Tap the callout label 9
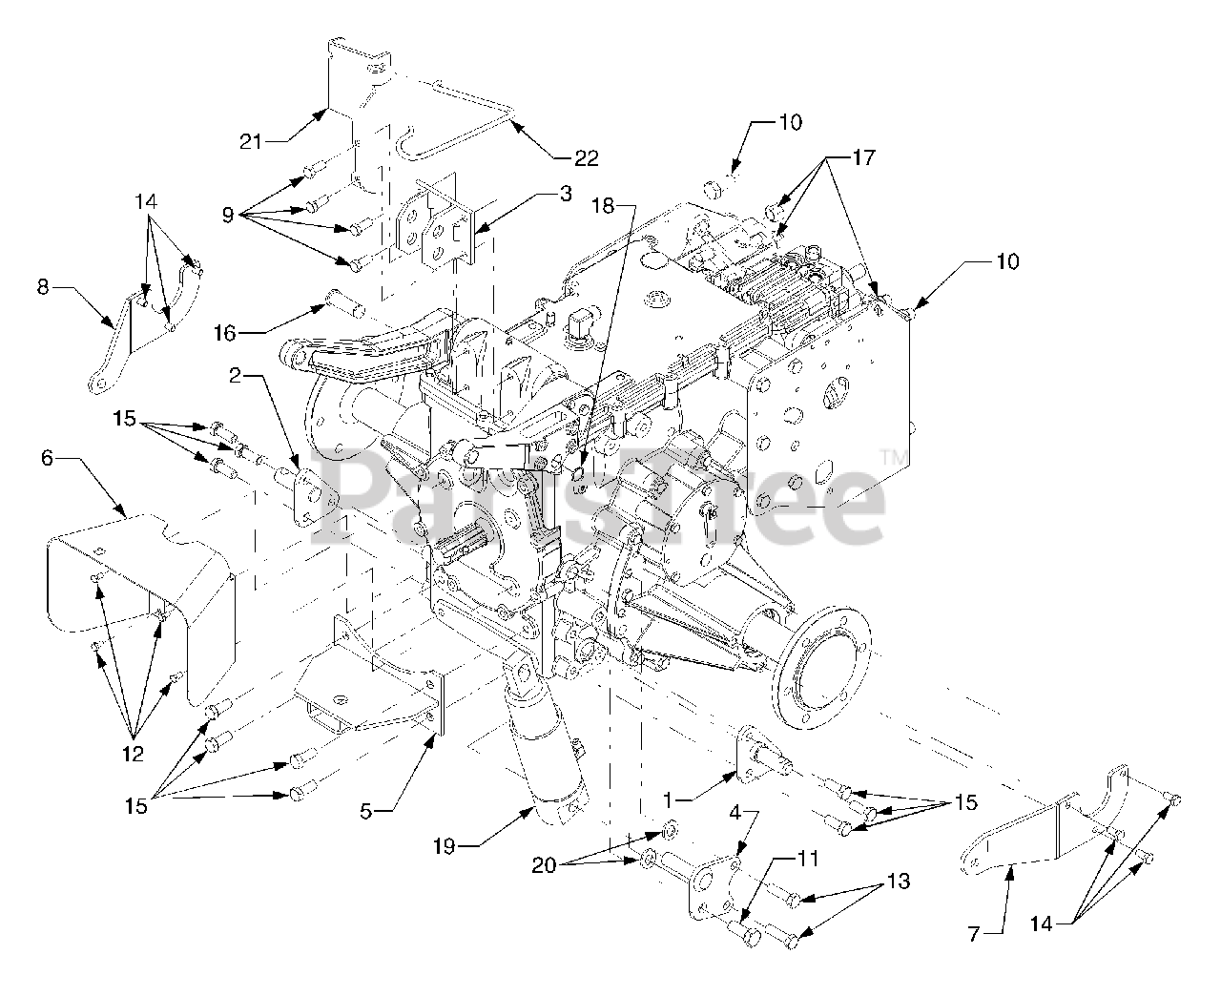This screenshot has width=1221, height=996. pyautogui.click(x=227, y=216)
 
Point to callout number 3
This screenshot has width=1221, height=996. pyautogui.click(x=566, y=195)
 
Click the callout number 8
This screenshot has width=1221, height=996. pyautogui.click(x=43, y=286)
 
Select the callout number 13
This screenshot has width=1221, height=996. pyautogui.click(x=898, y=882)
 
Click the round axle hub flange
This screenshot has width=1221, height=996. pyautogui.click(x=823, y=658)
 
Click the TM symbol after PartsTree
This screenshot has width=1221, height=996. pyautogui.click(x=895, y=458)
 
